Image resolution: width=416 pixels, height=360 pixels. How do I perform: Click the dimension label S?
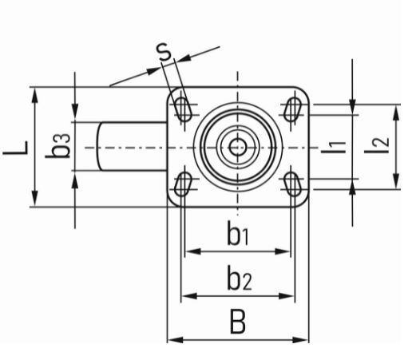pos(164,51)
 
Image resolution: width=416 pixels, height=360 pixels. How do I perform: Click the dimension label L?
pos(16,148)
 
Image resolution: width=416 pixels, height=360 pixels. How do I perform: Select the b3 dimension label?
pos(58,146)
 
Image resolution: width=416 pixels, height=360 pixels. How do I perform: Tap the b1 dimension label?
pos(238,233)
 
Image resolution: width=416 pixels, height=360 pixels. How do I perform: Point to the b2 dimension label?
pos(240,278)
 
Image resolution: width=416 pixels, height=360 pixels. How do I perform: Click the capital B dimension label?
pos(238,321)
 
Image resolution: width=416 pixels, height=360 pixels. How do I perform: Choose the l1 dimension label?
pos(334,147)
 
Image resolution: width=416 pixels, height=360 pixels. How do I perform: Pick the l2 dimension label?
pos(377,145)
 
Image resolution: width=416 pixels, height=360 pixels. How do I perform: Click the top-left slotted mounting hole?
pos(183,109)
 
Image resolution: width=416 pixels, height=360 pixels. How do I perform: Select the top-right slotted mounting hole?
pos(292,109)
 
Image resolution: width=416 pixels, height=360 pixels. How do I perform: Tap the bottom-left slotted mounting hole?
pos(183,184)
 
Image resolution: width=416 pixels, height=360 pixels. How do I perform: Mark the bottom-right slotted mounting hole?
pos(292,184)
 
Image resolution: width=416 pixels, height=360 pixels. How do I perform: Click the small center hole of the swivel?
pos(238,147)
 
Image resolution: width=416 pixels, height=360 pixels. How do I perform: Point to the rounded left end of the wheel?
pos(99,146)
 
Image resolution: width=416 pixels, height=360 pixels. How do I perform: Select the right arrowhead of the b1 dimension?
pos(282,251)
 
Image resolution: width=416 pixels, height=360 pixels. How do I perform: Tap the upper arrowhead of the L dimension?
pos(34,96)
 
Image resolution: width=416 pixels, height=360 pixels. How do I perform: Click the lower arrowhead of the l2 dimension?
pos(396,181)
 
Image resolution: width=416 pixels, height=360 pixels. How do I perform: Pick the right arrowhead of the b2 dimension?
pos(287,295)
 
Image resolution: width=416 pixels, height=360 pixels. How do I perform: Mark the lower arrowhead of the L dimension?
pos(34,198)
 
